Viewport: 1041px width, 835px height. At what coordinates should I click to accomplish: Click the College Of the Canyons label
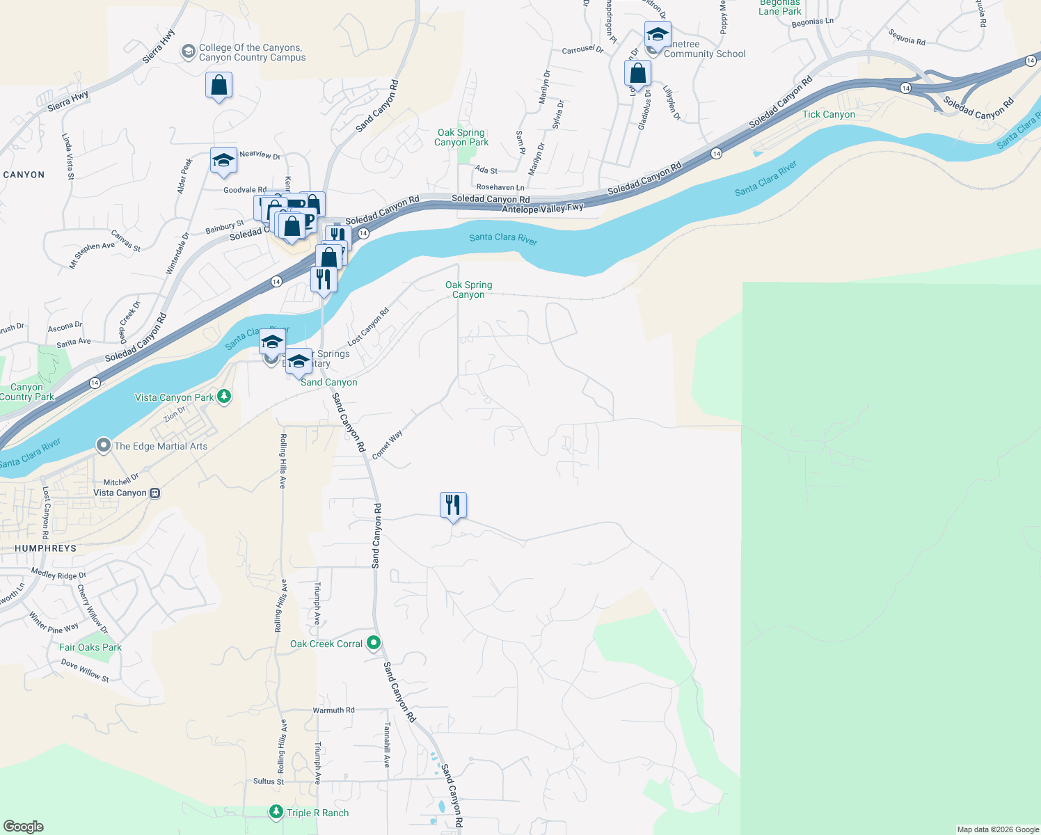[x=251, y=53]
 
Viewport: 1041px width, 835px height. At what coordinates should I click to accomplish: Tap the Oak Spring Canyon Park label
[x=461, y=137]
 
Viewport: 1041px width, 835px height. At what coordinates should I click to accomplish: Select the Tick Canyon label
[x=828, y=115]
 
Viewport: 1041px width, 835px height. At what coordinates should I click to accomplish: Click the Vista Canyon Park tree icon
[x=223, y=397]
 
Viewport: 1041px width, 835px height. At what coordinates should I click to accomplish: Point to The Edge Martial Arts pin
[x=104, y=445]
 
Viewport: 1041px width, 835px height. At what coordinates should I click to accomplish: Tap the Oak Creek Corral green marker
[x=374, y=643]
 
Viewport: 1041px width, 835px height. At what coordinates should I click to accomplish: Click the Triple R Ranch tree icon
[x=276, y=812]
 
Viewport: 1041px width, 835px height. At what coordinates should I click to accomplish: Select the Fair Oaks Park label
[x=90, y=647]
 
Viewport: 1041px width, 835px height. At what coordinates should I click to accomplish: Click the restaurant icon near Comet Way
[x=453, y=505]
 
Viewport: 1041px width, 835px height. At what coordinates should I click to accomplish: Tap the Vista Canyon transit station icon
[x=155, y=493]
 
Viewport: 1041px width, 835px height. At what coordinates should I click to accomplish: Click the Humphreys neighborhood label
[x=45, y=548]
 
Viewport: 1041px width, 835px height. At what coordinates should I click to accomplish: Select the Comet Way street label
[x=387, y=445]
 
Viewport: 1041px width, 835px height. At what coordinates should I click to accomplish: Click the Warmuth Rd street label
[x=333, y=710]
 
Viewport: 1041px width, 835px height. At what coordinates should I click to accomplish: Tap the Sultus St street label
[x=268, y=781]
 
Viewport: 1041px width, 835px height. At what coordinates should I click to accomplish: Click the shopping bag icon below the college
[x=218, y=86]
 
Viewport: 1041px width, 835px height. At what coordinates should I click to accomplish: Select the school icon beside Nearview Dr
[x=223, y=161]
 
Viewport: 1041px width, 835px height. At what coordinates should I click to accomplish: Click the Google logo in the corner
[x=23, y=826]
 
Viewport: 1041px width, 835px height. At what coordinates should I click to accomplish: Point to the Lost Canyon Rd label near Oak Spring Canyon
[x=368, y=327]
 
